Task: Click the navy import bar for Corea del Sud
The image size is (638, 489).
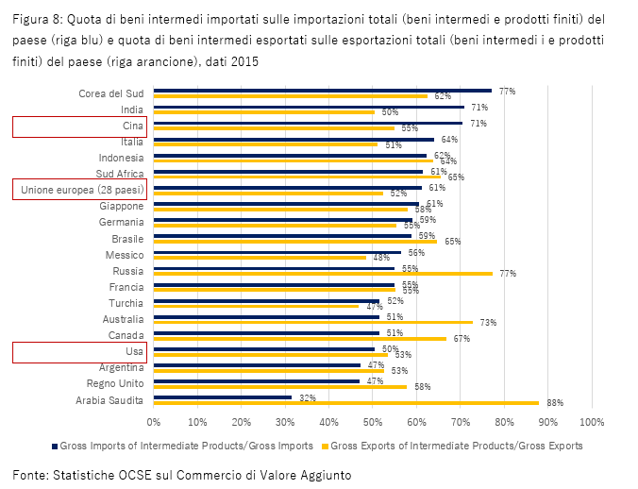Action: click(x=321, y=91)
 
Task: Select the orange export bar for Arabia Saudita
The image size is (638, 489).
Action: click(x=345, y=403)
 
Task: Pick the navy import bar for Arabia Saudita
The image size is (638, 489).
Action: click(x=223, y=397)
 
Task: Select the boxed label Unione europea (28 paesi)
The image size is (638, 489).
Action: click(x=76, y=191)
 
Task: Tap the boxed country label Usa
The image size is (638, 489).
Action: click(x=133, y=351)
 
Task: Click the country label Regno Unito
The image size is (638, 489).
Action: click(x=114, y=384)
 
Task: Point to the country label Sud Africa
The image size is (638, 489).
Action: click(x=120, y=174)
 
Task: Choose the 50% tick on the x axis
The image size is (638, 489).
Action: click(x=373, y=421)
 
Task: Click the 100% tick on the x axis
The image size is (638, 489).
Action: click(x=591, y=421)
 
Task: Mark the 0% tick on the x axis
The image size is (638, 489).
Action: click(x=154, y=421)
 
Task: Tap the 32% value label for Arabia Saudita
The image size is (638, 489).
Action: click(x=307, y=397)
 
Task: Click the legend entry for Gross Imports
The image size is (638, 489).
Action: click(x=185, y=445)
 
